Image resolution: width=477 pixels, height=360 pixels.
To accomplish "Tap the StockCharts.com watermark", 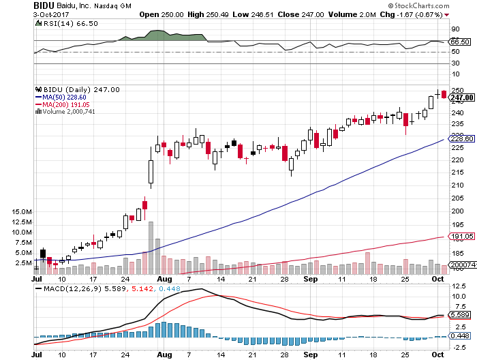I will coord(444,5).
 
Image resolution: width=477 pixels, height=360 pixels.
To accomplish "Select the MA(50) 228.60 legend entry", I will coord(66,97).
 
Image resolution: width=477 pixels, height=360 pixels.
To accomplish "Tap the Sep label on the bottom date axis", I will coord(310,280).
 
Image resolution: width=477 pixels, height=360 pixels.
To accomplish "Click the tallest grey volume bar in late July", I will coord(151,247).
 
